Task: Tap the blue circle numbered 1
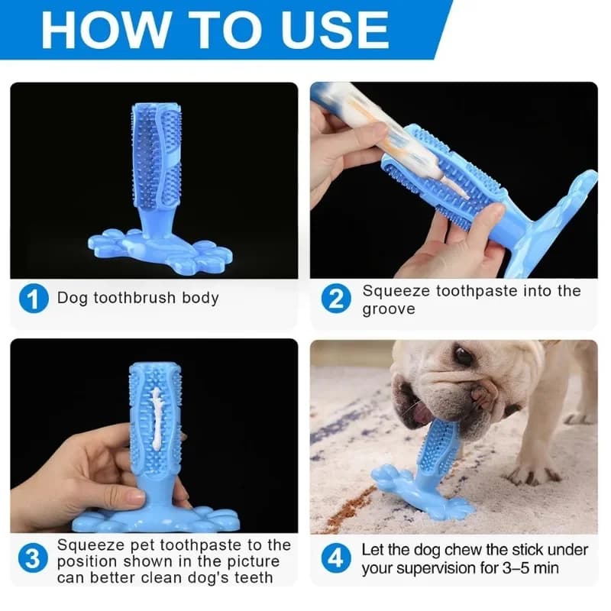tap(33, 298)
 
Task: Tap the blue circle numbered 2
tap(336, 299)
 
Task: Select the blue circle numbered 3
tap(33, 558)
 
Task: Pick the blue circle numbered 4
tap(336, 559)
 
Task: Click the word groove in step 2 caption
tap(389, 309)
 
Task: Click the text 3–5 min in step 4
tap(535, 568)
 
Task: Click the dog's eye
tap(463, 356)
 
